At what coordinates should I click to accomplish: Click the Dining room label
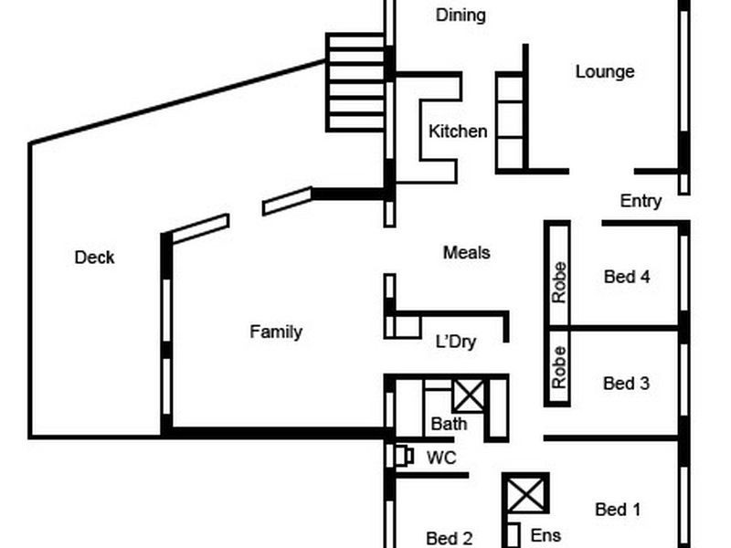pos(461,15)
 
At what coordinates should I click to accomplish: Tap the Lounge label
pos(605,71)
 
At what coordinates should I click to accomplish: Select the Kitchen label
pos(458,132)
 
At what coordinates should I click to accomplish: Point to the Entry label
pos(641,201)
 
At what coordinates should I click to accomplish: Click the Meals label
pos(466,252)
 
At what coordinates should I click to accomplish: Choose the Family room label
pos(276,332)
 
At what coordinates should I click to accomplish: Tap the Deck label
pos(94,258)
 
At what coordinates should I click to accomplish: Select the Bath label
pos(449,424)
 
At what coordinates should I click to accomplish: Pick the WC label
pos(441,458)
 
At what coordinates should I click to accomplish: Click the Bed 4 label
pos(627,276)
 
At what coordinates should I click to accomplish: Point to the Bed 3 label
pos(626,384)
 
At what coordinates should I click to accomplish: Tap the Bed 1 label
pos(617,510)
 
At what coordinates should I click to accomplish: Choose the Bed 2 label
pos(449,538)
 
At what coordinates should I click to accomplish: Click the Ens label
pos(546,535)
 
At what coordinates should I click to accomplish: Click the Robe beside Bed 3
pos(558,368)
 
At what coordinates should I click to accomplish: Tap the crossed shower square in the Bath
pos(468,395)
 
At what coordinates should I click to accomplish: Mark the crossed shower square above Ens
pos(525,494)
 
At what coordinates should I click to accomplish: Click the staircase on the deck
pos(355,82)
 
